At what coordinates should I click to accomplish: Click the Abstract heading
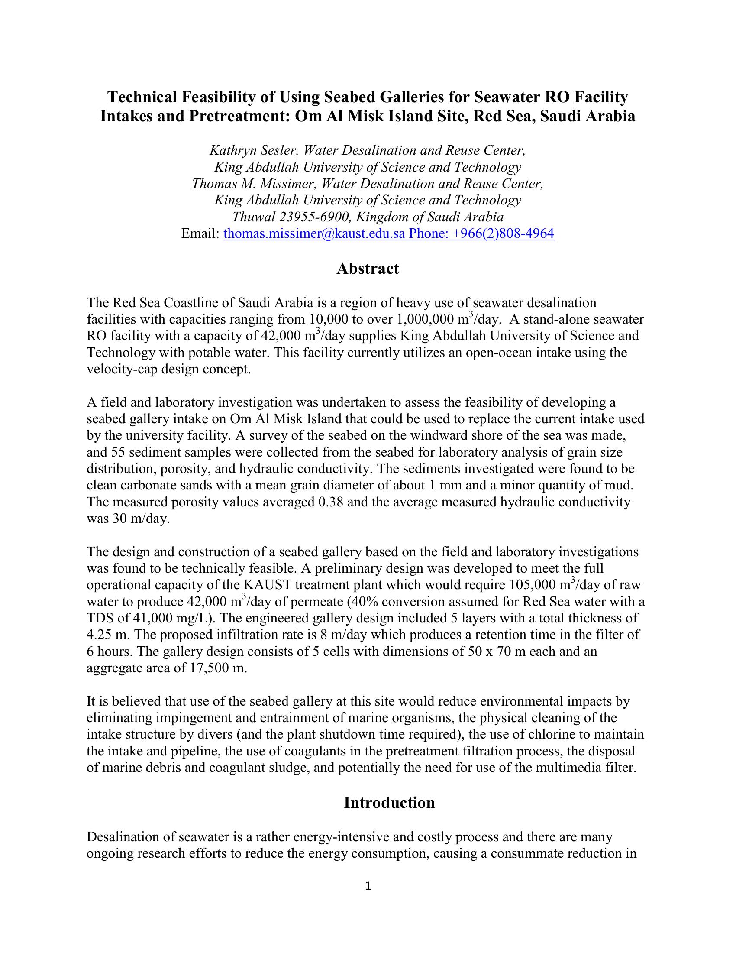(368, 269)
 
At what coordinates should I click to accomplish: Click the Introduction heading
(389, 802)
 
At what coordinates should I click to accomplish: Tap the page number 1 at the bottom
(368, 885)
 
